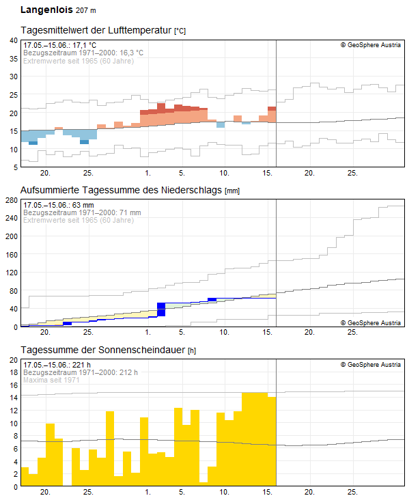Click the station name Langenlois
pos(46,10)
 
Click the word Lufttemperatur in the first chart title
pos(139,31)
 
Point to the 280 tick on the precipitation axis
pos(11,200)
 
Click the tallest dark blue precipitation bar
pos(161,309)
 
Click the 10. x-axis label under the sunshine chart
pos(224,492)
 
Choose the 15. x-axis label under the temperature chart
pos(267,173)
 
